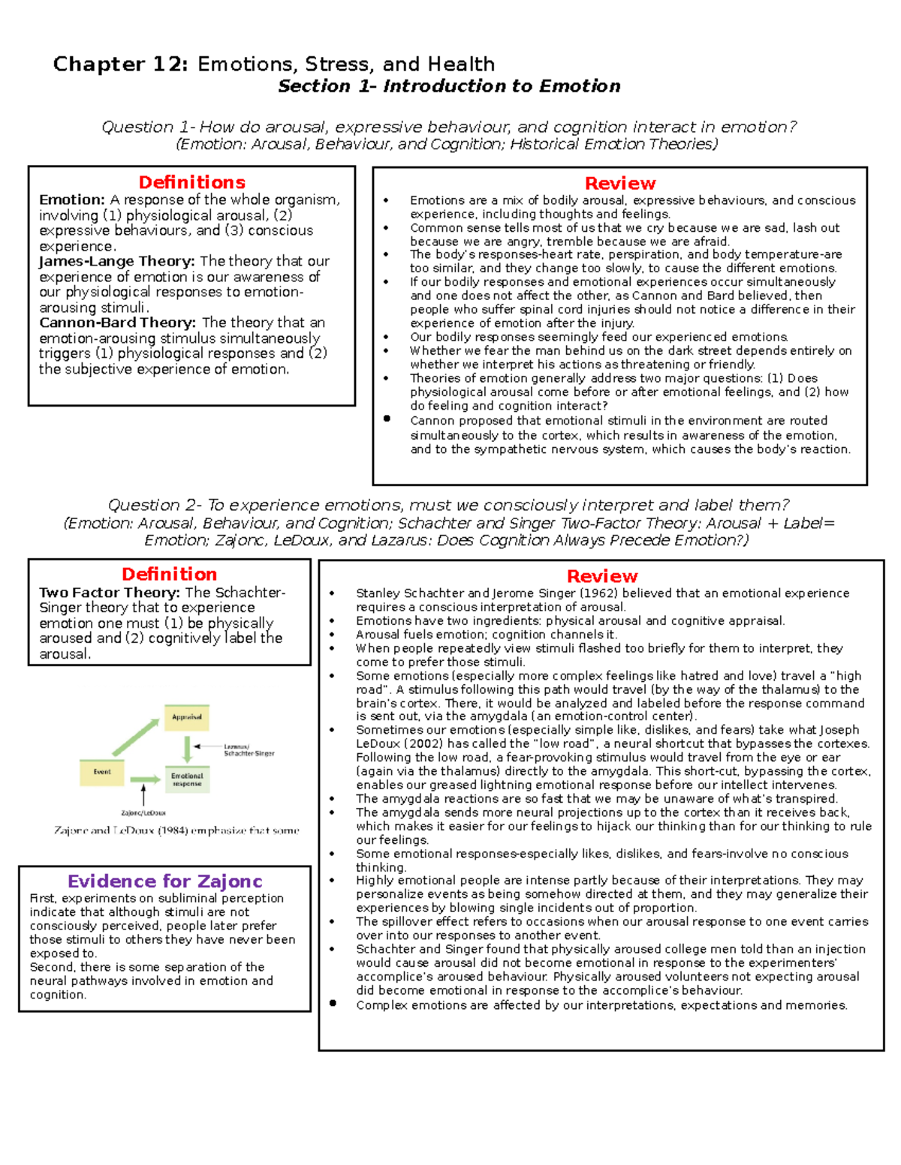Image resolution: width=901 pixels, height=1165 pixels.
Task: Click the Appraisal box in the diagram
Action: [187, 717]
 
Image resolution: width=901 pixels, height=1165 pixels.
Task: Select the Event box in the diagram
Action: [102, 772]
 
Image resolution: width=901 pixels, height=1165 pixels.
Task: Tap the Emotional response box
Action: [187, 779]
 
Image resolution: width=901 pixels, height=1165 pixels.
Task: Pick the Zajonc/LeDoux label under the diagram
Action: [143, 812]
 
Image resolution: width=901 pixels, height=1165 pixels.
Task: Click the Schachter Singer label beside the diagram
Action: [249, 753]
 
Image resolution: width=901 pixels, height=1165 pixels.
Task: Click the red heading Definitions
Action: [191, 182]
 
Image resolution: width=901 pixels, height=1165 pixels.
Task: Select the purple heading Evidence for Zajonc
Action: [164, 881]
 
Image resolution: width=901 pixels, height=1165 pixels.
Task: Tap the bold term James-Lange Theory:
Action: [117, 261]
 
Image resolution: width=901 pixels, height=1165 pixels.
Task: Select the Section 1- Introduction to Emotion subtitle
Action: [449, 86]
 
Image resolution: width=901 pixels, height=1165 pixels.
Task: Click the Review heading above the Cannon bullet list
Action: [619, 184]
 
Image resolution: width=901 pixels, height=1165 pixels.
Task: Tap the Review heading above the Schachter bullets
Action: [602, 576]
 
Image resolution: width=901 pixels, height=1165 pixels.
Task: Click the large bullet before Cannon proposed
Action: [387, 419]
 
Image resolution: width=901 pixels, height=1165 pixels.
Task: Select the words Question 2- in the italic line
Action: [144, 506]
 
